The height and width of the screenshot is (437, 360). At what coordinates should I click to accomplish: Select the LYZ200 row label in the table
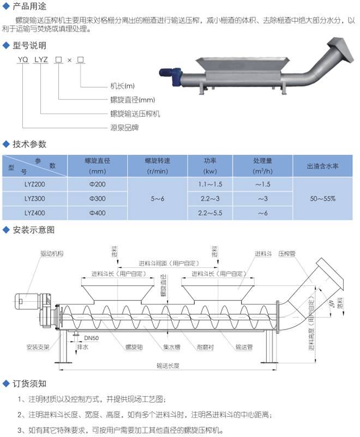(34, 185)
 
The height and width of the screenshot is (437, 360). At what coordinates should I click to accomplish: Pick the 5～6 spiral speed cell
(157, 199)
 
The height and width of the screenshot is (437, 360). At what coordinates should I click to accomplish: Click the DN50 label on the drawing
(91, 338)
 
